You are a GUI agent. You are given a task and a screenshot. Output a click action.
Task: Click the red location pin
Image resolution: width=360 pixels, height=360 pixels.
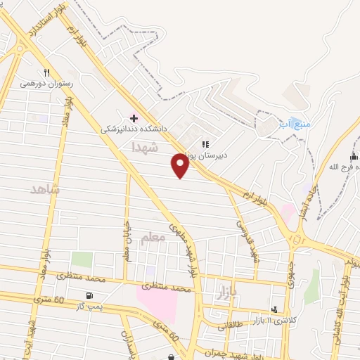(x=180, y=166)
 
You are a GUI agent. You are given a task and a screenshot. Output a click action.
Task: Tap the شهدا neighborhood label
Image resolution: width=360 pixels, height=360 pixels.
(x=146, y=147)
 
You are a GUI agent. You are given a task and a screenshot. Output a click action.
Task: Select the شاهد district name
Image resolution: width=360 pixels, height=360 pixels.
(x=46, y=190)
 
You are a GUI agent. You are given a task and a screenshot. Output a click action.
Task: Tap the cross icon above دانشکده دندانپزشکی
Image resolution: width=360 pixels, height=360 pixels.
(x=134, y=117)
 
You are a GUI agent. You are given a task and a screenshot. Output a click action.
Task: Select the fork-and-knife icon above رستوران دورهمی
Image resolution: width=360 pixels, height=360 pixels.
(x=47, y=72)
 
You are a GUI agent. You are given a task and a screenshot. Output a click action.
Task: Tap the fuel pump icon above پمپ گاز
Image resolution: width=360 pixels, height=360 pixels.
(x=89, y=295)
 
